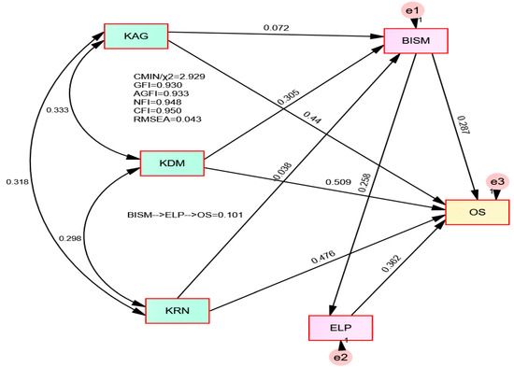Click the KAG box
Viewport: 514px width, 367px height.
pyautogui.click(x=136, y=36)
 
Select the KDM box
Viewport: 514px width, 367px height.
pyautogui.click(x=172, y=163)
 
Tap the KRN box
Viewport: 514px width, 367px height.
pyautogui.click(x=178, y=311)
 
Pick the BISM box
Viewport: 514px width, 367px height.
pyautogui.click(x=416, y=41)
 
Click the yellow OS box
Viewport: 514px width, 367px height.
pyautogui.click(x=478, y=212)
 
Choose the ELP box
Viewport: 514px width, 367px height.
pyautogui.click(x=340, y=328)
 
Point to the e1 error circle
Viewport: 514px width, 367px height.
pyautogui.click(x=413, y=10)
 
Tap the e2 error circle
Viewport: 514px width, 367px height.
pyautogui.click(x=341, y=357)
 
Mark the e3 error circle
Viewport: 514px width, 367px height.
pyautogui.click(x=497, y=181)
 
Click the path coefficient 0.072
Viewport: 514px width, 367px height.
pyautogui.click(x=277, y=28)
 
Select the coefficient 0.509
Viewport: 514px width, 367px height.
pyautogui.click(x=338, y=182)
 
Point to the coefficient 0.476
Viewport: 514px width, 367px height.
pyautogui.click(x=323, y=257)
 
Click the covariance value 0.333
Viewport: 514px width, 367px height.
pyautogui.click(x=57, y=110)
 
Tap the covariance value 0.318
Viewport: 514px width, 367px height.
pyautogui.click(x=18, y=181)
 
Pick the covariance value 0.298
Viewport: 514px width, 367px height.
pyautogui.click(x=70, y=238)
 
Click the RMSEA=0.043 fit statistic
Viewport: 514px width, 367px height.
pyautogui.click(x=167, y=120)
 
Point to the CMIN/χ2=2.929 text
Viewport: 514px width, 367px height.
pyautogui.click(x=169, y=77)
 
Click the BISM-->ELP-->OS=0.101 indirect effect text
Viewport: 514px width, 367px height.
pyautogui.click(x=185, y=216)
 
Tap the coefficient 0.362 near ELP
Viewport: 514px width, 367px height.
pyautogui.click(x=391, y=263)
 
